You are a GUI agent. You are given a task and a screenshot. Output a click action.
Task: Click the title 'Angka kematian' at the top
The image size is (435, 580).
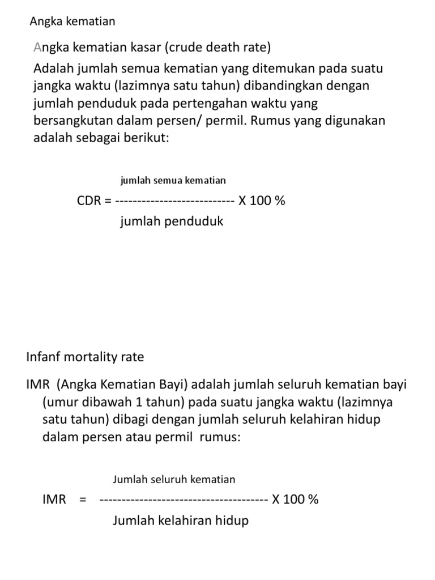(72, 22)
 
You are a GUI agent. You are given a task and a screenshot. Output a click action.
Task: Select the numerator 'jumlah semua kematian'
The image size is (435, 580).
(173, 181)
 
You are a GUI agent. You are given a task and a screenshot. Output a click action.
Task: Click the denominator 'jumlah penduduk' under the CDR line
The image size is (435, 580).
(172, 221)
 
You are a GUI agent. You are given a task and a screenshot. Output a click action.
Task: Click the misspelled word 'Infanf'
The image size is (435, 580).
(44, 357)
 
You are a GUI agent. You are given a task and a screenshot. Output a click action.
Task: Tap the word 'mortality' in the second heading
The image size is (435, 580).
(89, 357)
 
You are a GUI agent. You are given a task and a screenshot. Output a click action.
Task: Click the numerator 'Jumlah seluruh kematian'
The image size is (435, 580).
(174, 480)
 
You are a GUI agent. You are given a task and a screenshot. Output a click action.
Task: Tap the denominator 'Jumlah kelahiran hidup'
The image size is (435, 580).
(181, 521)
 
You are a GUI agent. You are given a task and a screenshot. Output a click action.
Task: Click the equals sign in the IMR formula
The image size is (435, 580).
(83, 500)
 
